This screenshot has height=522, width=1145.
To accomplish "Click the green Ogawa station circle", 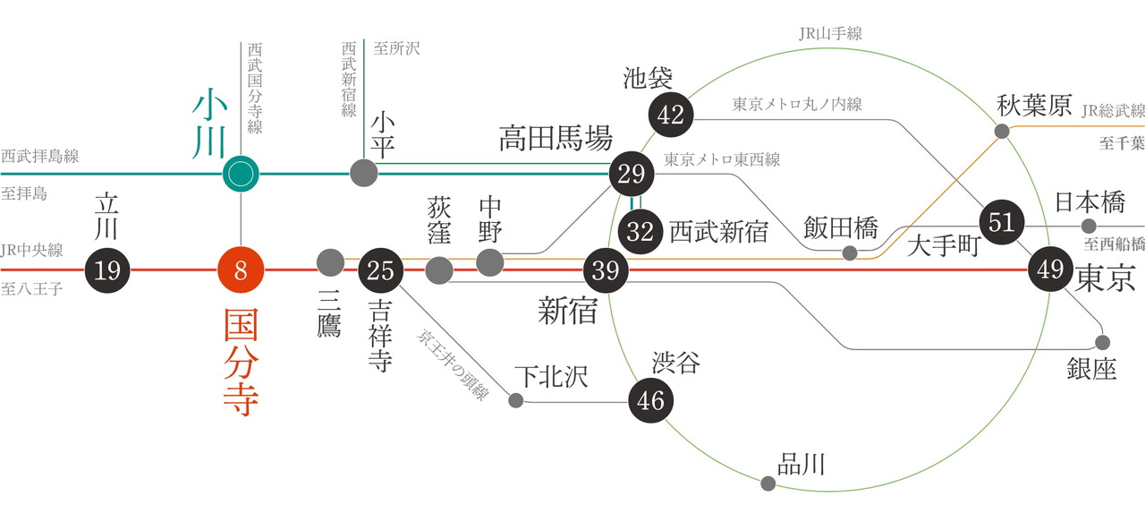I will pyautogui.click(x=241, y=173).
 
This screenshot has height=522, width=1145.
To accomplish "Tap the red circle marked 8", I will pyautogui.click(x=241, y=269).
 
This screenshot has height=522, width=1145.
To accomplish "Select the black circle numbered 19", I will pyautogui.click(x=107, y=269).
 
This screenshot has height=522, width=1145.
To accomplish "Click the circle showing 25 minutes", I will pyautogui.click(x=381, y=269).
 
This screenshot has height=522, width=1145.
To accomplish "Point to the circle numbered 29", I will pyautogui.click(x=632, y=173).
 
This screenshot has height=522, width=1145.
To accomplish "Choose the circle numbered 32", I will pyautogui.click(x=640, y=231).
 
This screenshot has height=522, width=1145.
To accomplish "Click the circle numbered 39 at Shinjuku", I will pyautogui.click(x=606, y=269).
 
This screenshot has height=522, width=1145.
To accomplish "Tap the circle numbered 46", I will pyautogui.click(x=651, y=399).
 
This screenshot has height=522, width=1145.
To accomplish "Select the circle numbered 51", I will pyautogui.click(x=1002, y=221).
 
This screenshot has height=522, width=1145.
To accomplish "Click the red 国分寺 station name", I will pyautogui.click(x=241, y=363).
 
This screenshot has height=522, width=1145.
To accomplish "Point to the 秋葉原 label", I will pyautogui.click(x=1034, y=107).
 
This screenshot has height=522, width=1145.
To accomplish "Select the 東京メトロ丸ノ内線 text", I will pyautogui.click(x=797, y=104).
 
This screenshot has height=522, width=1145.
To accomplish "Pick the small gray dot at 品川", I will pyautogui.click(x=768, y=483).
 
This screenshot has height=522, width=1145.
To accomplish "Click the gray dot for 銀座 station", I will pyautogui.click(x=1102, y=342).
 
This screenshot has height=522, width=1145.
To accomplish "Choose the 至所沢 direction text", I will pyautogui.click(x=396, y=48).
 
